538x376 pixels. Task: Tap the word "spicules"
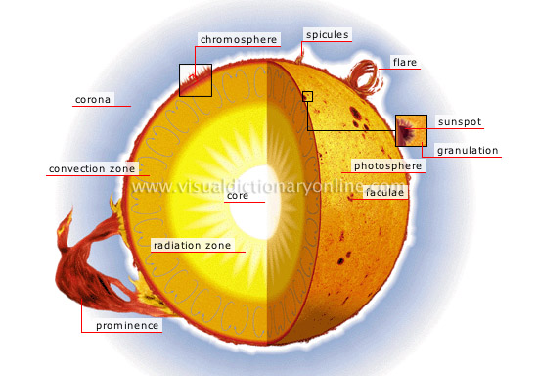point(327,35)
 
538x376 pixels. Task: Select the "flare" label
point(405,63)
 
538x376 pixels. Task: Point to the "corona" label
point(95,99)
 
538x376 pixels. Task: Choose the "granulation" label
point(469,151)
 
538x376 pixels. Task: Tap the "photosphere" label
point(388,166)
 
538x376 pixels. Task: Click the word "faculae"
point(384,193)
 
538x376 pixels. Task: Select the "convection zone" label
point(92,169)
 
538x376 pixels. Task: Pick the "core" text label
point(238,196)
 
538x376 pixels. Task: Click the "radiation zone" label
point(192,245)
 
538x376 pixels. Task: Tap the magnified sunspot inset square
point(411,130)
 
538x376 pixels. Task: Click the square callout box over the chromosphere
point(195,80)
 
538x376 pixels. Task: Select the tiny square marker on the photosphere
point(307,96)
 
